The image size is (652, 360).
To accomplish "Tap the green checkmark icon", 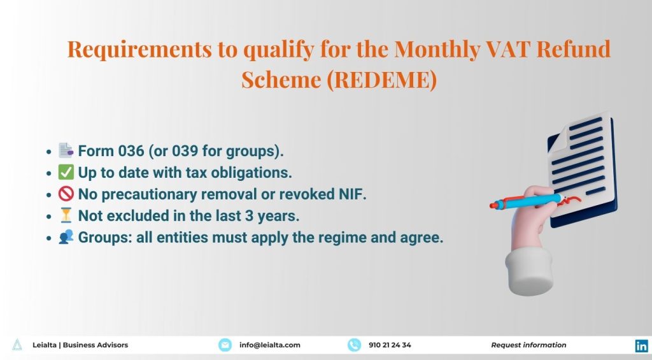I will (66, 173).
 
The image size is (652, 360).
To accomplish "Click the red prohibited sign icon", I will (66, 194).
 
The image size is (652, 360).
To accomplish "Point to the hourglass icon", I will (66, 216).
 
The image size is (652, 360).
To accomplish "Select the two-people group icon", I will (66, 238).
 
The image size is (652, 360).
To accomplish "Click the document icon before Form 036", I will (66, 151).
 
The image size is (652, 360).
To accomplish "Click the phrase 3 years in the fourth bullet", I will (276, 216).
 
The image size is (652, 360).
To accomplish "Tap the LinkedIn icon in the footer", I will (641, 345).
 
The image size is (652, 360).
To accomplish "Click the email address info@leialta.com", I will (269, 345).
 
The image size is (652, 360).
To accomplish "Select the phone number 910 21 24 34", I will (390, 345).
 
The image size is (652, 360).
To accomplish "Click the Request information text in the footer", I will (528, 345).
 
